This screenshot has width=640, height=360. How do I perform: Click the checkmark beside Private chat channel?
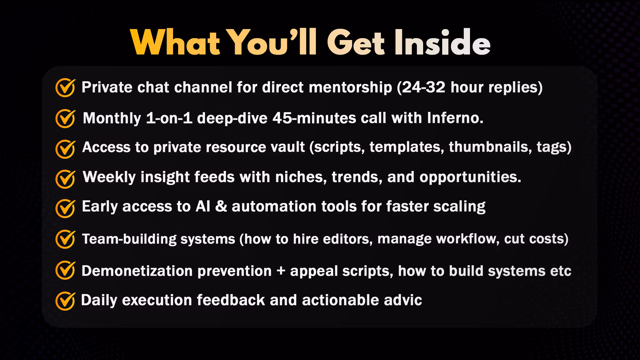tap(65, 87)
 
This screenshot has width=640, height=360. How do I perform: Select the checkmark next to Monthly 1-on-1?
tap(65, 118)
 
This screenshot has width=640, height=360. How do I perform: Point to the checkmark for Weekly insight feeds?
tap(65, 179)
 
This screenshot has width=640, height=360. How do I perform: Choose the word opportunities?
tap(470, 177)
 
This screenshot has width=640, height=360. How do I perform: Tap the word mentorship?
tap(350, 87)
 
